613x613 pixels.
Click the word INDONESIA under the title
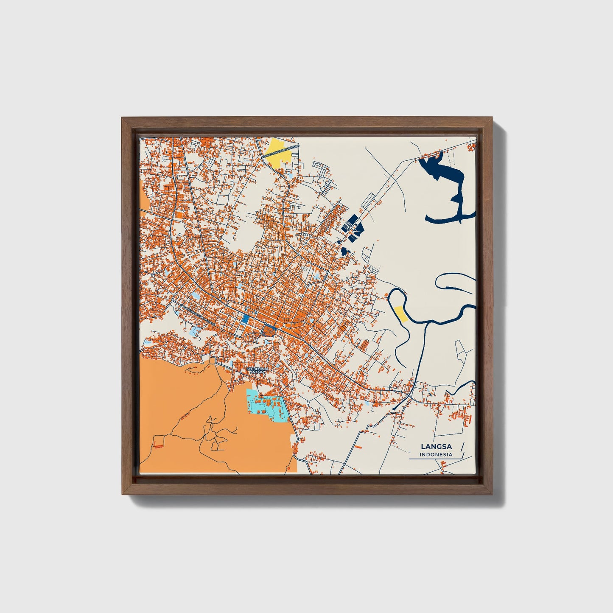point(436,455)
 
